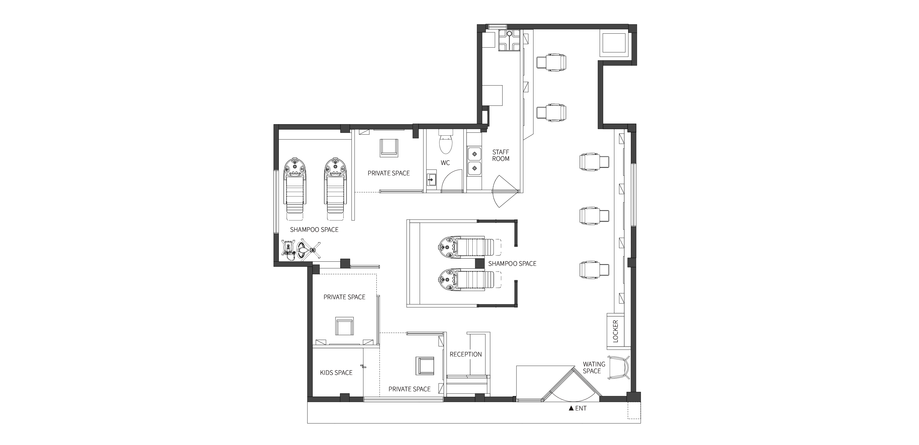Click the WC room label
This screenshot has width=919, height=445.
pos(445,163)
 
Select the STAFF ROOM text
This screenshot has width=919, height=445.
pos(501,155)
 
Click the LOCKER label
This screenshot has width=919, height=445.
pos(615,331)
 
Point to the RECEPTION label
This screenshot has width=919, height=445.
pos(466,354)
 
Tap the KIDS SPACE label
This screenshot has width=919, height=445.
pos(336,373)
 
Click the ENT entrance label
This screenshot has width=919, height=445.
pos(581,408)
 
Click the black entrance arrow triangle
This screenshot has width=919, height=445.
pos(571,408)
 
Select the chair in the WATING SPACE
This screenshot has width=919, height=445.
pos(619,368)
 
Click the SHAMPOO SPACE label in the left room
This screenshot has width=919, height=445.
pos(314,230)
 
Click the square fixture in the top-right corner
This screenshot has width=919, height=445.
pos(614,45)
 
